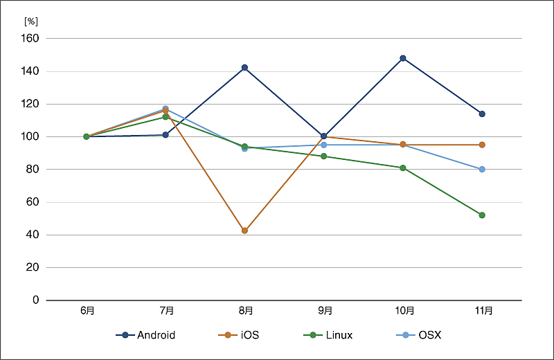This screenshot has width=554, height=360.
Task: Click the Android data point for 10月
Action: (403, 58)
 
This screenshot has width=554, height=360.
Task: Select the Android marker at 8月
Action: (244, 67)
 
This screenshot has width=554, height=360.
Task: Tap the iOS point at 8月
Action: (244, 231)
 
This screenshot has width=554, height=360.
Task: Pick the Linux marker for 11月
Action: (482, 215)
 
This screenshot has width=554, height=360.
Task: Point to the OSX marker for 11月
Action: (482, 169)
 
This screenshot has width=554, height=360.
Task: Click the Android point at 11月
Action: (482, 114)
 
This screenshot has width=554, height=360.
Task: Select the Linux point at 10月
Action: (403, 168)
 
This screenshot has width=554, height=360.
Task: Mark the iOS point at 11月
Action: (482, 145)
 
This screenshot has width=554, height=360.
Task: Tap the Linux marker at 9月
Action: (323, 156)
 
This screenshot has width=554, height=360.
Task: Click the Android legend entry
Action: (145, 335)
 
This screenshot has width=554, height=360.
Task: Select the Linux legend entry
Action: (328, 335)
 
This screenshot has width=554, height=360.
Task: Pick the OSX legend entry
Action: (419, 335)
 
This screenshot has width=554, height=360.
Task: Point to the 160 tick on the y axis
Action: (32, 39)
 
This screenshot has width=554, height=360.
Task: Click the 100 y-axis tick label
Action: (32, 137)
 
